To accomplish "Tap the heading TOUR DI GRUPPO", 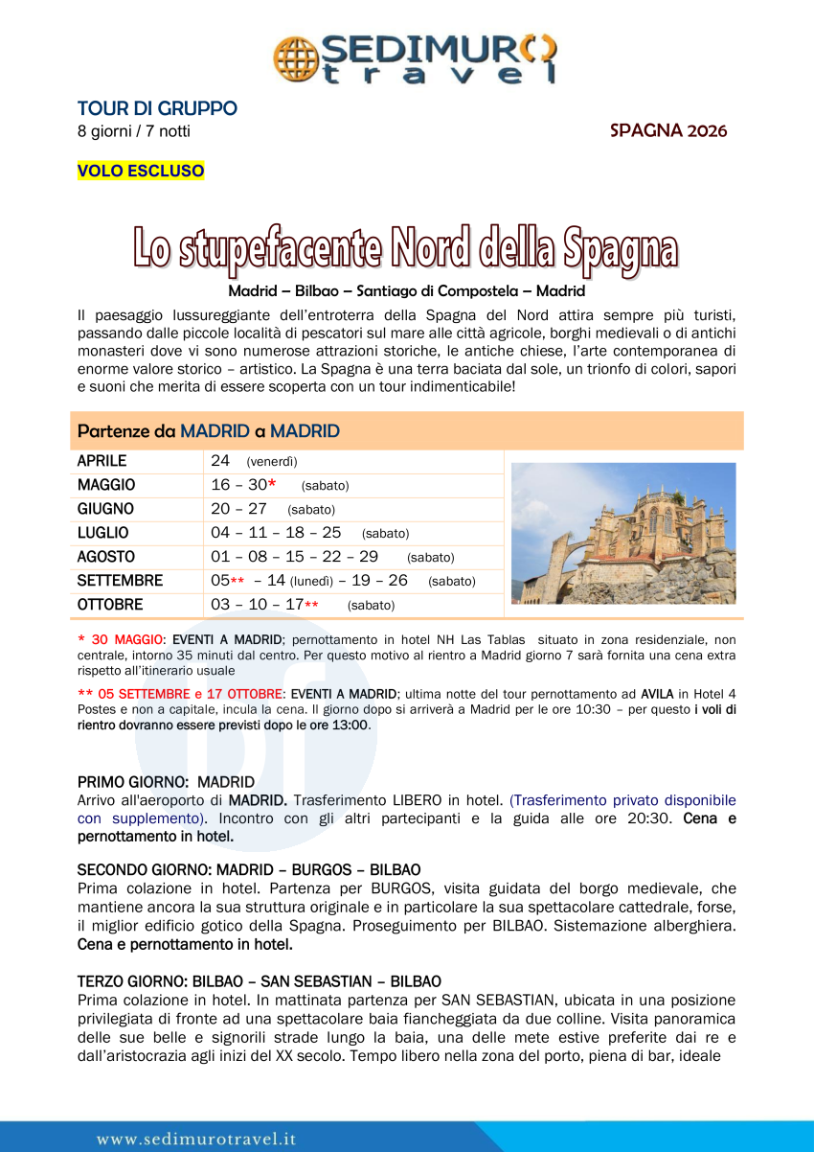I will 157,108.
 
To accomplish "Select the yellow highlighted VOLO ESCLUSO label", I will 141,171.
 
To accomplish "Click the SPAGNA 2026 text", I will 668,130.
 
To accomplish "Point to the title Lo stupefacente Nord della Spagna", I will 406,248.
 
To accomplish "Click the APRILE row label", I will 102,461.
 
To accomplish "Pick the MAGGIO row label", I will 106,485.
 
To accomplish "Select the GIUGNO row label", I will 105,509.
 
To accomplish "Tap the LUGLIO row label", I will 102,533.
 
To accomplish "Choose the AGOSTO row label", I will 106,557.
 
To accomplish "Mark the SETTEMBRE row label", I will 120,581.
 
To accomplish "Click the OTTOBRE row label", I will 110,605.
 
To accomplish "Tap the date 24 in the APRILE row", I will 220,461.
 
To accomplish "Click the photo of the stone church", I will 623,533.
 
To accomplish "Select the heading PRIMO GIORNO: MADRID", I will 166,782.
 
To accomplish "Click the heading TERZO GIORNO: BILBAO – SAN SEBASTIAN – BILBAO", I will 259,981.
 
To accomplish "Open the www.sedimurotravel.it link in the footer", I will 196,1140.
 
